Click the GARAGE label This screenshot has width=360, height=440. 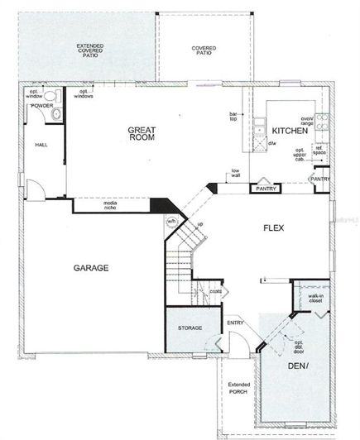[x=92, y=268]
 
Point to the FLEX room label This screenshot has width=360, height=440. [x=274, y=227]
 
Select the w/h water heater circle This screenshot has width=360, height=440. [x=172, y=222]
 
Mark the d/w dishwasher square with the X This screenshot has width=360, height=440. [x=259, y=142]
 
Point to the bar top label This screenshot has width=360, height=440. [x=234, y=117]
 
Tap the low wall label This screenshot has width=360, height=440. [x=236, y=175]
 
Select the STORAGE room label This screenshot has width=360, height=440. [x=190, y=328]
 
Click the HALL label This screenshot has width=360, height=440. [x=41, y=145]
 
